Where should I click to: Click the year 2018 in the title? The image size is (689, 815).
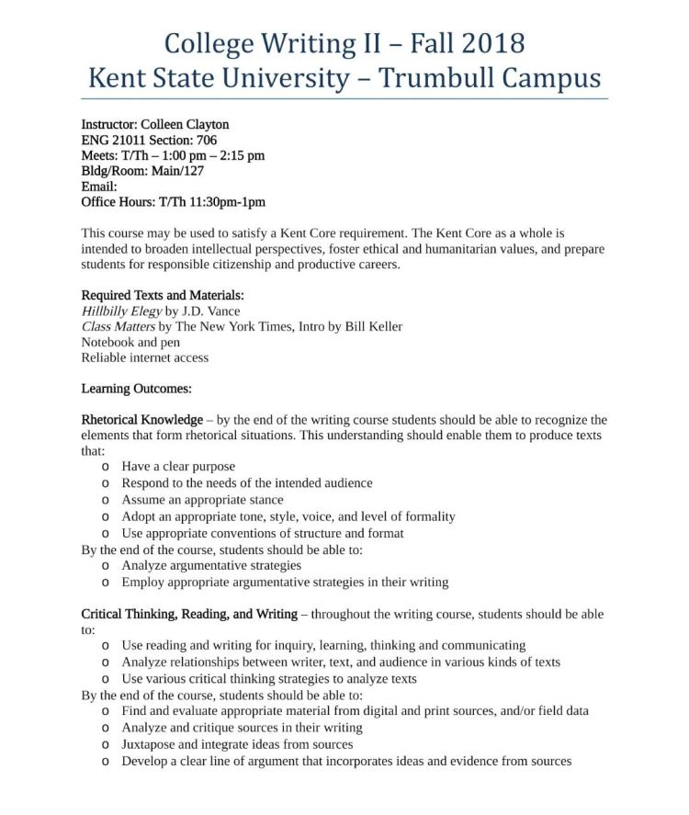coord(490,43)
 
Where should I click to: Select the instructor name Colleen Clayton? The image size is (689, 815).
coord(185,124)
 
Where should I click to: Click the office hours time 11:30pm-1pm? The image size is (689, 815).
coord(227,202)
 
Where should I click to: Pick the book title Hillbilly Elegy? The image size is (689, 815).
coord(121,311)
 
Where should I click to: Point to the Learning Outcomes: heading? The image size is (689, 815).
coord(136,389)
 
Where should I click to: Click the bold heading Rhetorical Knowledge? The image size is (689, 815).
coord(142,420)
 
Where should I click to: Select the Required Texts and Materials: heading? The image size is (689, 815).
coord(163,295)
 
